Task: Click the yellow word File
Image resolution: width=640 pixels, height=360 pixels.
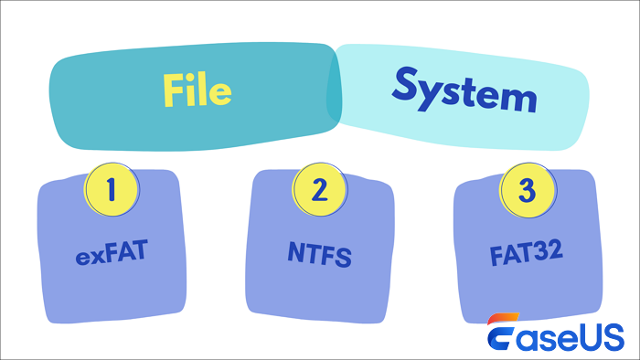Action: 197,90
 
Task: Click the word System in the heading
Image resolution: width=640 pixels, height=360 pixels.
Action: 464,90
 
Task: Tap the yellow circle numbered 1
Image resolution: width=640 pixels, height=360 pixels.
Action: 112,189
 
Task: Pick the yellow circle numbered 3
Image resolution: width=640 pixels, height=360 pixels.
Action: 527,189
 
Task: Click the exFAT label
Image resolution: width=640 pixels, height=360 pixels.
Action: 112,252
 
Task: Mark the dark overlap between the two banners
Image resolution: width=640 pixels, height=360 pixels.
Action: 333,86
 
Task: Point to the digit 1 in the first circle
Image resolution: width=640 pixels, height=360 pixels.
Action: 112,189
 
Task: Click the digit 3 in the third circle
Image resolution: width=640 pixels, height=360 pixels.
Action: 527,189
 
